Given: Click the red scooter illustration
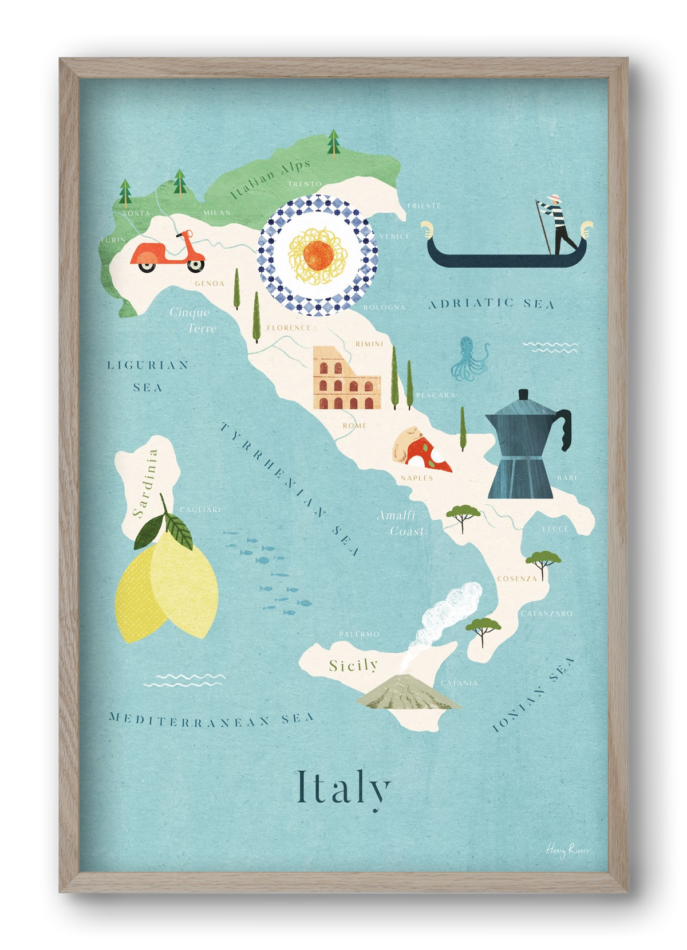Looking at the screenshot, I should pyautogui.click(x=167, y=253).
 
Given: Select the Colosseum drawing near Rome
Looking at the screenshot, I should pyautogui.click(x=346, y=379).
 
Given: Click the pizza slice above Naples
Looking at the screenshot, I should pyautogui.click(x=421, y=450).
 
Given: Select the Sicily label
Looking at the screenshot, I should pyautogui.click(x=353, y=665).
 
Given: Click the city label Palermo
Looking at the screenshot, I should pyautogui.click(x=359, y=634).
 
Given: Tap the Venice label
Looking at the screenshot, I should pyautogui.click(x=394, y=236).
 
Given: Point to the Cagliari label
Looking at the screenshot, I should pyautogui.click(x=200, y=509).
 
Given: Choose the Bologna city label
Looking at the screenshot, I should pyautogui.click(x=384, y=308).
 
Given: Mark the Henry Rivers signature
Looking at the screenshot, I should pyautogui.click(x=566, y=850).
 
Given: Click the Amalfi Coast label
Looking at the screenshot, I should pyautogui.click(x=401, y=523).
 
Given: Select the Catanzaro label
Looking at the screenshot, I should pyautogui.click(x=546, y=614).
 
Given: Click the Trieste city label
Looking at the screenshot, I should pyautogui.click(x=424, y=205).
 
